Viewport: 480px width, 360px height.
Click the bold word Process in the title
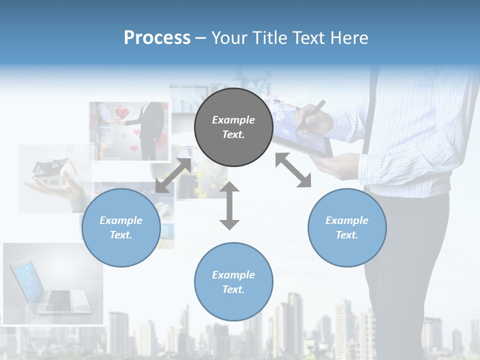pyautogui.click(x=157, y=38)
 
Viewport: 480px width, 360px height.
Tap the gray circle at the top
pyautogui.click(x=233, y=127)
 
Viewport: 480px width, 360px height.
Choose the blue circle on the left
pyautogui.click(x=121, y=227)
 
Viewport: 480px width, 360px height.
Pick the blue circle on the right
pyautogui.click(x=347, y=227)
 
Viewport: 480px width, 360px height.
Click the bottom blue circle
pyautogui.click(x=233, y=282)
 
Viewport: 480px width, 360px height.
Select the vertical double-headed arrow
pyautogui.click(x=229, y=206)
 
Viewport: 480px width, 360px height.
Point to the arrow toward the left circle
pyautogui.click(x=173, y=175)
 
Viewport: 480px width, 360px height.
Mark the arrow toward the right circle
pyautogui.click(x=293, y=170)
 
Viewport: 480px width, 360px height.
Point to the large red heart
pyautogui.click(x=122, y=113)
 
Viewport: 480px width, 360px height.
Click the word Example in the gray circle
pyautogui.click(x=233, y=120)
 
